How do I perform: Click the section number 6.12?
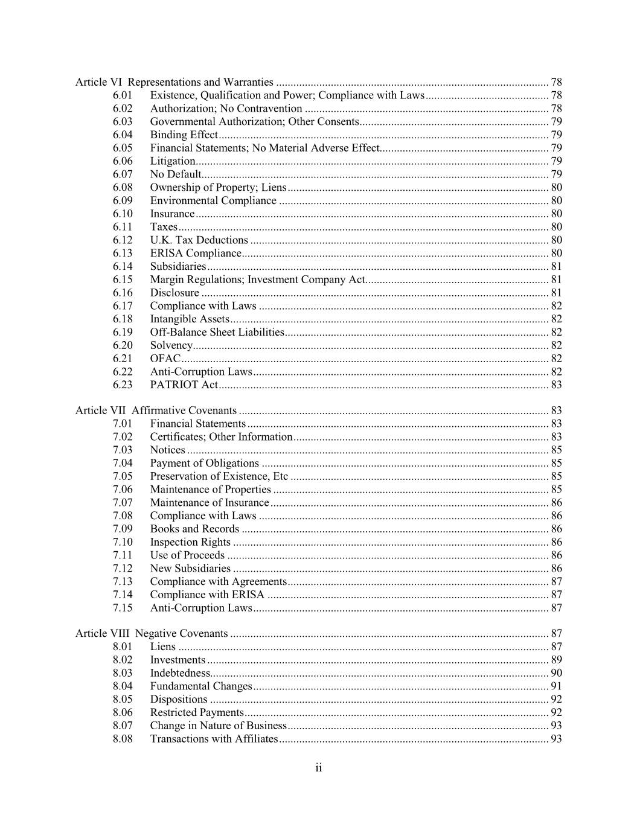tap(123, 240)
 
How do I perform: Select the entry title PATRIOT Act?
tap(184, 385)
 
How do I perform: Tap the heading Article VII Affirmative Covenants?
tap(156, 410)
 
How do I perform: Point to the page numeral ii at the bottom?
tap(318, 768)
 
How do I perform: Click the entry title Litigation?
tap(173, 161)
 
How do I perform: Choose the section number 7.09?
tap(123, 529)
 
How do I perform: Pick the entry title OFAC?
tap(165, 359)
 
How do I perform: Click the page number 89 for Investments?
tap(556, 660)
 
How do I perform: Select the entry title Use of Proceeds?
tap(187, 555)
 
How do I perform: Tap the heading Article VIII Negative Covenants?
tap(152, 634)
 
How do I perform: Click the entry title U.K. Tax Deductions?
tap(199, 240)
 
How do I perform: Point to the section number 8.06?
tap(123, 712)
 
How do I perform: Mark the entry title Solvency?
tap(171, 345)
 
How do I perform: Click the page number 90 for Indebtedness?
tap(556, 673)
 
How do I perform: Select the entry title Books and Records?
tap(194, 529)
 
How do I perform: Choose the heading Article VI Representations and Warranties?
tap(174, 82)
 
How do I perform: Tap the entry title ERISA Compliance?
tap(196, 254)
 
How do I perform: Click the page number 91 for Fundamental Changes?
tap(556, 686)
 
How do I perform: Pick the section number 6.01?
tap(123, 95)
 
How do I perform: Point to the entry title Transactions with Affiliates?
tap(214, 739)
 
